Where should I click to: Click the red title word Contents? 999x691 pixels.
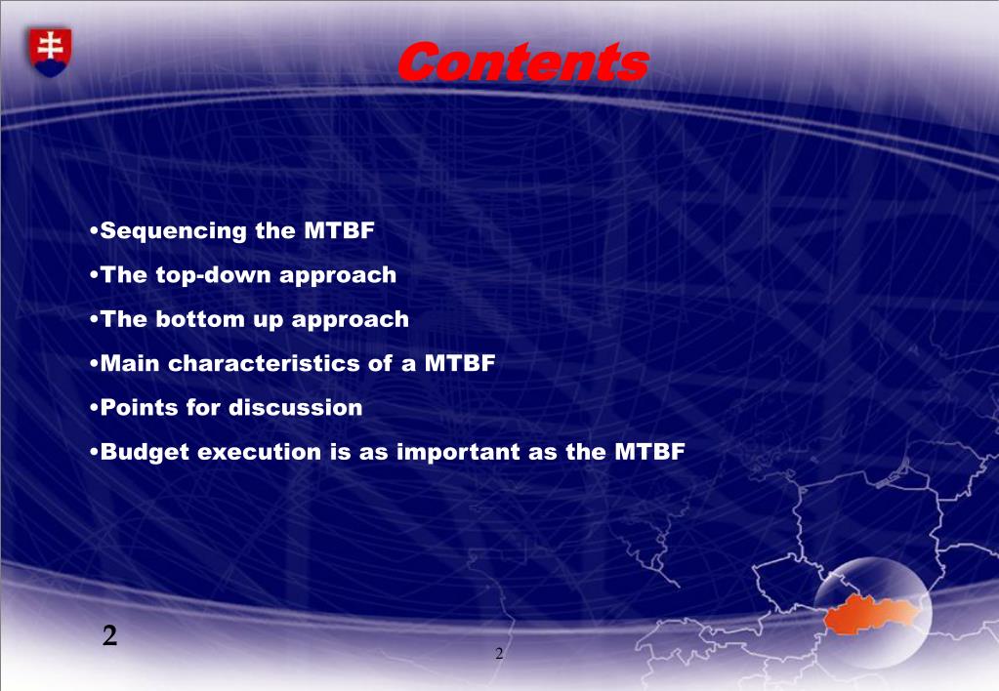(523, 62)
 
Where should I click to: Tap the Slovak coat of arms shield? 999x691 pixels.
(50, 53)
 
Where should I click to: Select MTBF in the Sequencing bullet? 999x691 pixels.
(339, 230)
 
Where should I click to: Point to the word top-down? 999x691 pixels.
(214, 275)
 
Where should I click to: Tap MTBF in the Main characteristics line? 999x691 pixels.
(460, 363)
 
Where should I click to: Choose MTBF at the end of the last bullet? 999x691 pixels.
(649, 452)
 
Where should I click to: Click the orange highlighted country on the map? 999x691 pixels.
(871, 613)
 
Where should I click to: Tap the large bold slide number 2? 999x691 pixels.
(109, 635)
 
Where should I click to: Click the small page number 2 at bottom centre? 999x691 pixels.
(499, 654)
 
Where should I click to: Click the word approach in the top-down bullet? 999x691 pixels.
(338, 276)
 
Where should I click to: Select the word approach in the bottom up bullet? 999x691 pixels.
(350, 320)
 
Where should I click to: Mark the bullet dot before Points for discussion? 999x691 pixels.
(95, 408)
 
